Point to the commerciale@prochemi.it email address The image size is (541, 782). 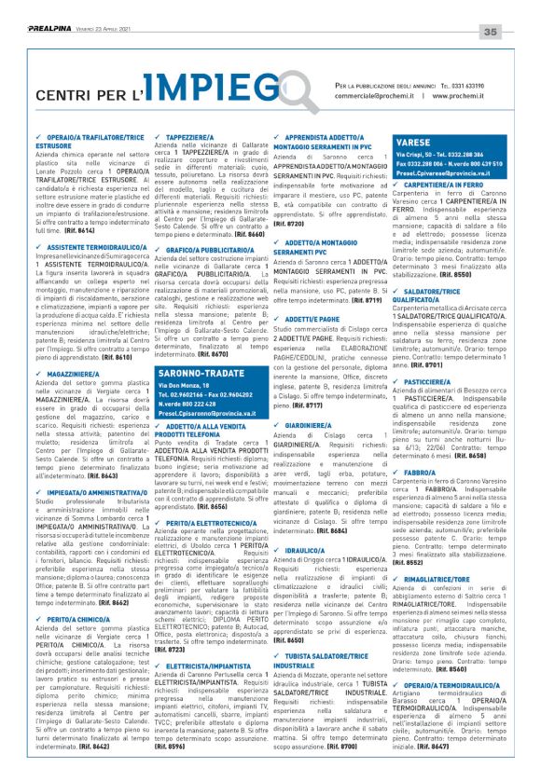pyautogui.click(x=376, y=95)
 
